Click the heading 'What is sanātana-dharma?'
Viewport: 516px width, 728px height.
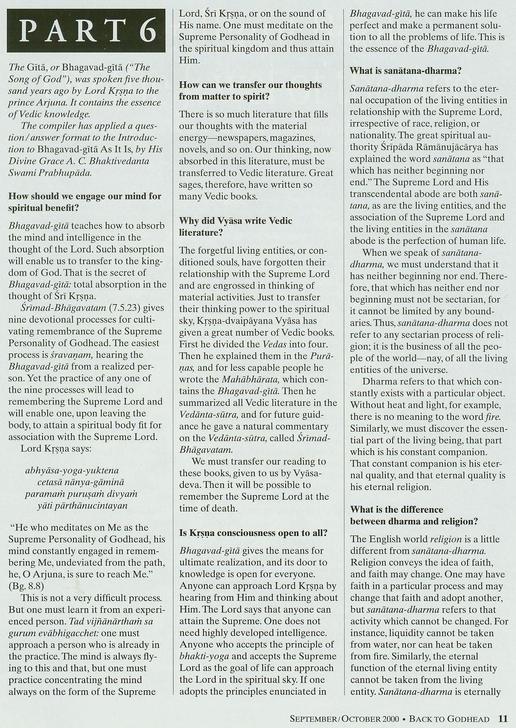tap(405, 70)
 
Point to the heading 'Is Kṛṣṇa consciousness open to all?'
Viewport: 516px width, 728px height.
tap(253, 532)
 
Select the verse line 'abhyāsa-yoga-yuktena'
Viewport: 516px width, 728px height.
tap(72, 470)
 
